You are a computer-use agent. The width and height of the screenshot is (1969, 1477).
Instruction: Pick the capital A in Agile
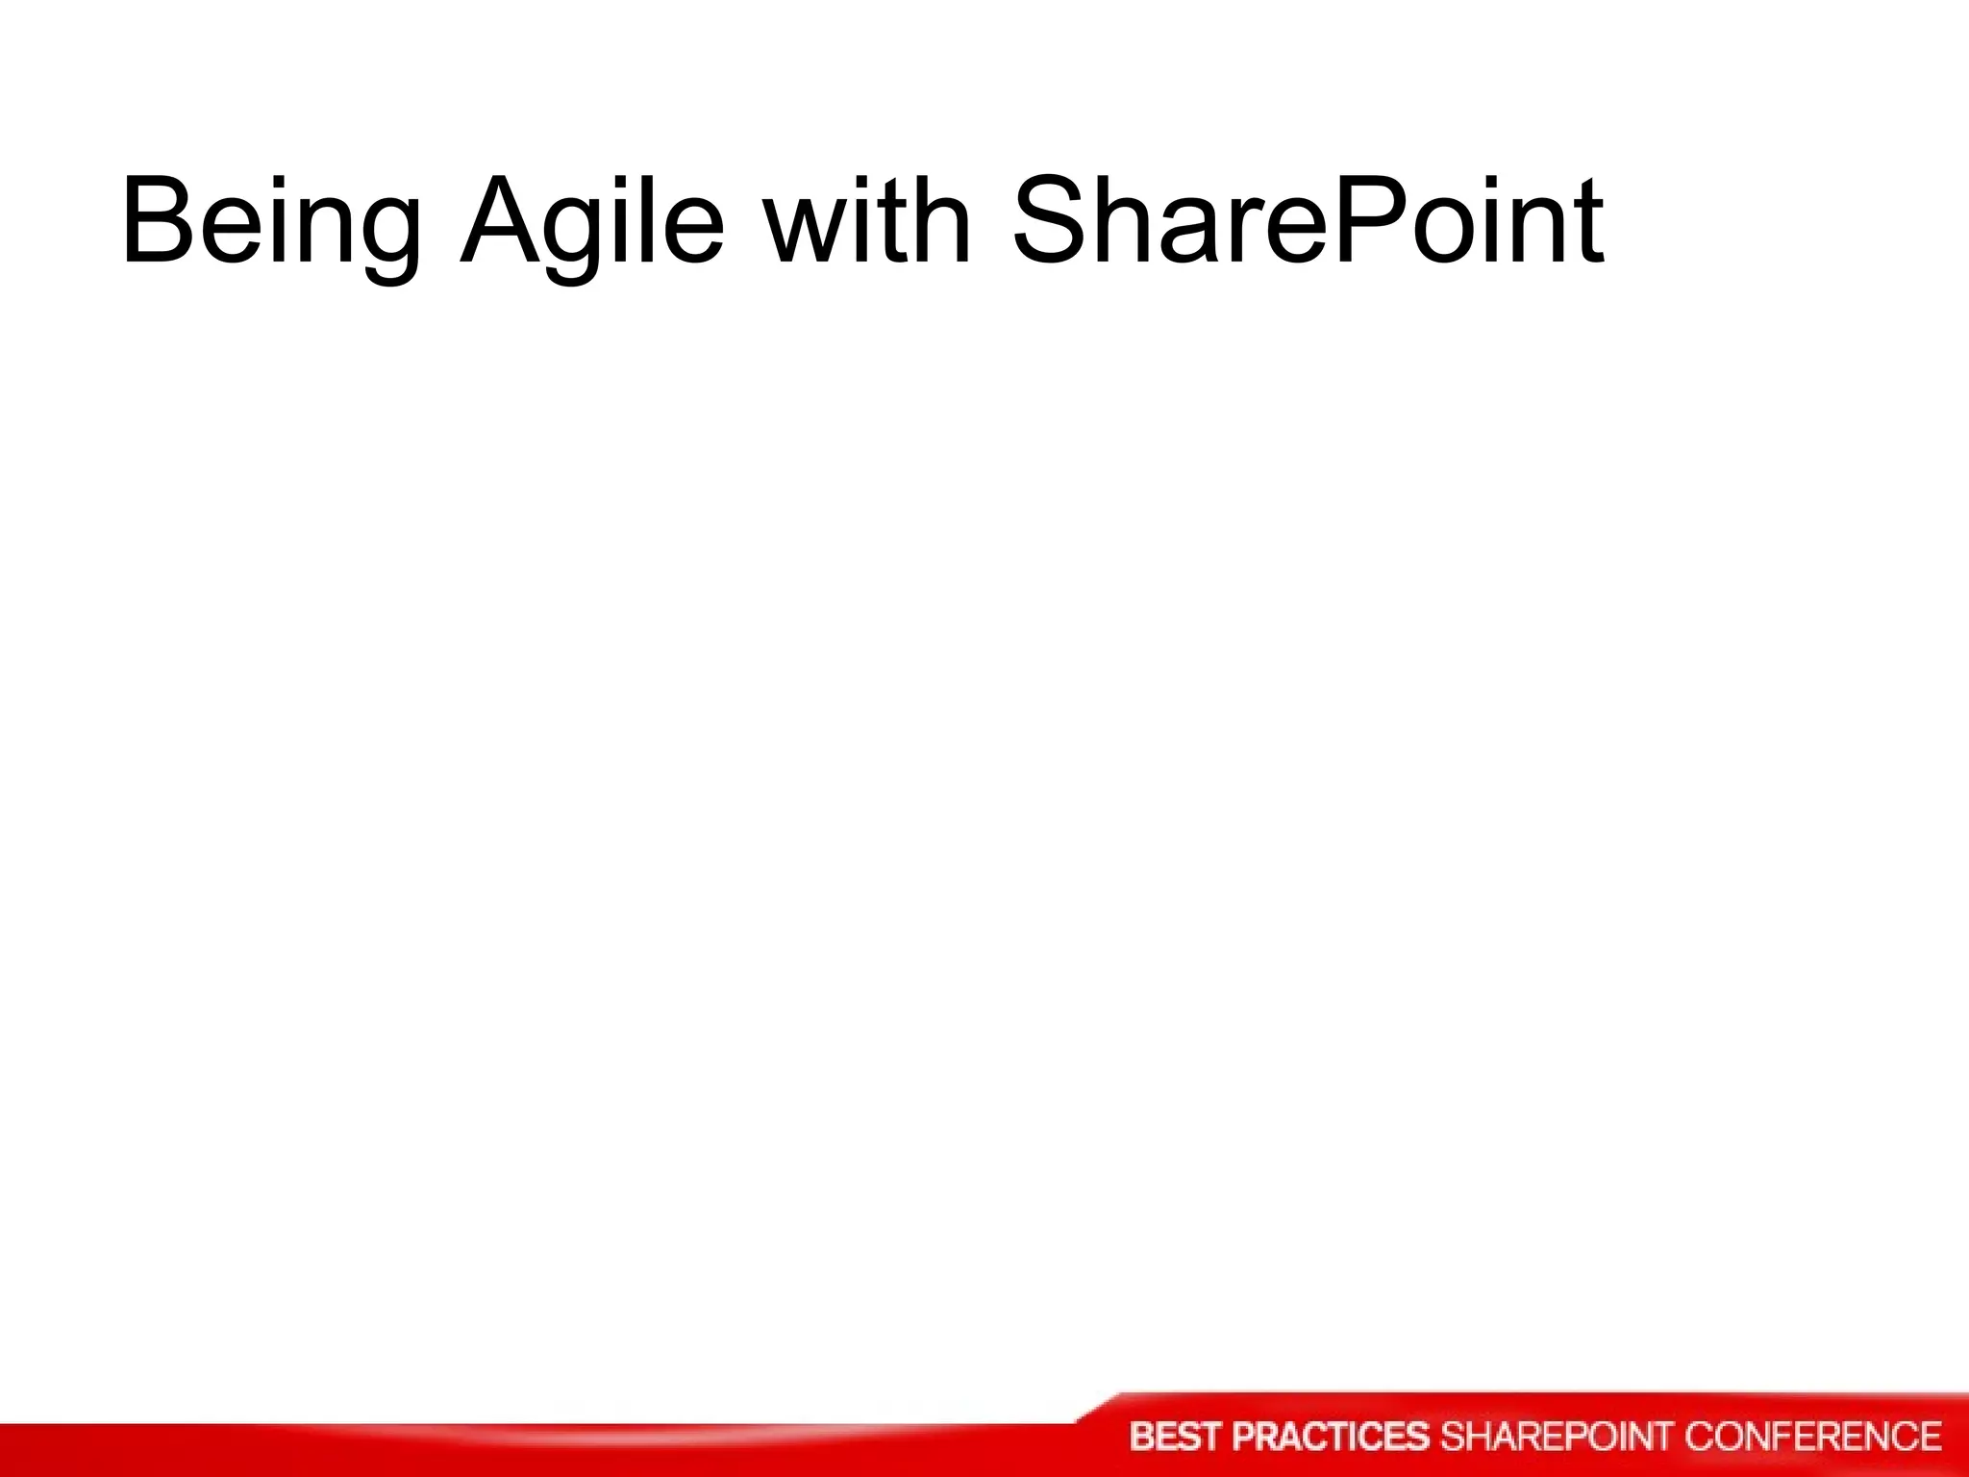(502, 220)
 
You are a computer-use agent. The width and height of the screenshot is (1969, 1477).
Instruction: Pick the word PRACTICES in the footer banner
(1331, 1437)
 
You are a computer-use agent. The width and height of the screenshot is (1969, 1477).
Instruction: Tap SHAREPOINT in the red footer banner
(1557, 1437)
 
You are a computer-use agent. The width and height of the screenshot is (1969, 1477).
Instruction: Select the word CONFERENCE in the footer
(1812, 1437)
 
